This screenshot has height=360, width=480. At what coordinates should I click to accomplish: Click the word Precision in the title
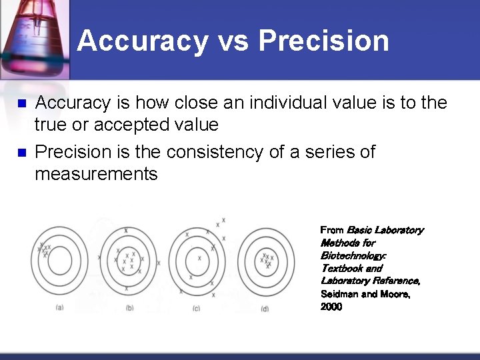tap(323, 41)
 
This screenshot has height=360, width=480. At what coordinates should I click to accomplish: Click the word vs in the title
tap(233, 41)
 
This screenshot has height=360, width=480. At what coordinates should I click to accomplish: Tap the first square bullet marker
tap(20, 104)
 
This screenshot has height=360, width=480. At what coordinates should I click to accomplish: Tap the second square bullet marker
tap(20, 153)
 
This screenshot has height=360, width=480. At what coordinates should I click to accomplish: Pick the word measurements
tap(96, 175)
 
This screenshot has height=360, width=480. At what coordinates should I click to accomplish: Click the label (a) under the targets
tap(60, 307)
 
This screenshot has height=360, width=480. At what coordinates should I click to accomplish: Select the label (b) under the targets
tap(129, 307)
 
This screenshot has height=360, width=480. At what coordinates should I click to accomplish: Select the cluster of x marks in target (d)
tap(267, 260)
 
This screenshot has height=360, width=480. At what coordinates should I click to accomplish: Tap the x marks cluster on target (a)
tap(44, 250)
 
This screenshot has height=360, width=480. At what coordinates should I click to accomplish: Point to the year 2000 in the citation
tap(331, 307)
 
